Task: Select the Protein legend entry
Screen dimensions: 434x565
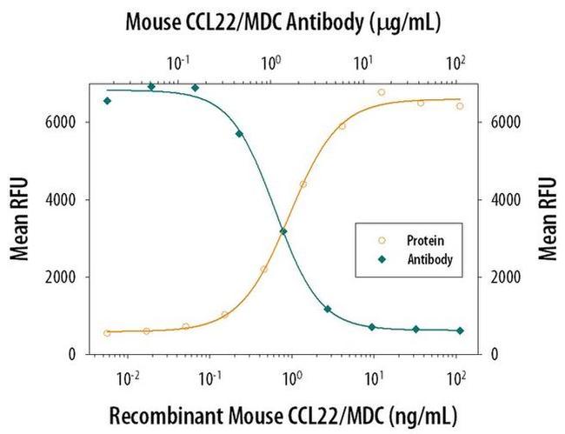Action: pyautogui.click(x=419, y=237)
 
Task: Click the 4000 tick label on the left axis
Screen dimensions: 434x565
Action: pyautogui.click(x=68, y=200)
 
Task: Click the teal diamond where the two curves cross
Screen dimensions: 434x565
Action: pyautogui.click(x=283, y=231)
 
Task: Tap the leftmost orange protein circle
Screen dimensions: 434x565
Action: pyautogui.click(x=107, y=333)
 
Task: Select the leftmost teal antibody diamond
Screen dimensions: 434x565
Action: pyautogui.click(x=107, y=101)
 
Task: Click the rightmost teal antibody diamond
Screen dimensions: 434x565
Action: pyautogui.click(x=460, y=331)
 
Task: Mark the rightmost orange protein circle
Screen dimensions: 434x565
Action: pyautogui.click(x=460, y=106)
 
